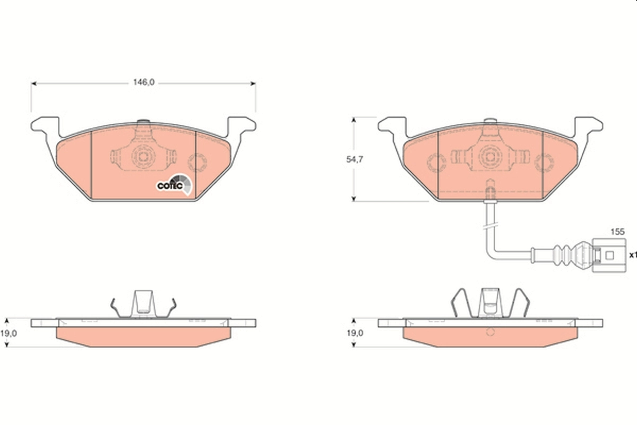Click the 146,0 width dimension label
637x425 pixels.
[x=143, y=82]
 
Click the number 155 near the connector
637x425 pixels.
[x=617, y=232]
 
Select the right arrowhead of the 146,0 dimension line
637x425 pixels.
[x=253, y=83]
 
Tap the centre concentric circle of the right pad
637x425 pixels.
[x=490, y=156]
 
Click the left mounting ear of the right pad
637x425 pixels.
[x=392, y=126]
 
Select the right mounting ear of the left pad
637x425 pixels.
[x=242, y=125]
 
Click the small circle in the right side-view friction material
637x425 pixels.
[x=490, y=332]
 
